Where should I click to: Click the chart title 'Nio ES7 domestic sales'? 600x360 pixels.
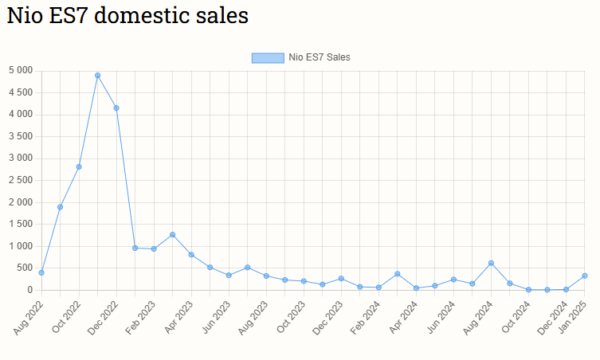(127, 17)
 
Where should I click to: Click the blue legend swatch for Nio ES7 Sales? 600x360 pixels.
(267, 57)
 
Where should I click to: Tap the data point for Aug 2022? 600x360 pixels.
(41, 272)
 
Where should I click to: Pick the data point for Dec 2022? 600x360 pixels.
(116, 108)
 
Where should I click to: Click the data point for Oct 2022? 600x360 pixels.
(79, 166)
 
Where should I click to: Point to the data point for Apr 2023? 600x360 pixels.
(191, 255)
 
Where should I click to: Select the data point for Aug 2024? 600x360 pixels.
(491, 263)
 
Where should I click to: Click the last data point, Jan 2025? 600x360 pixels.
(585, 276)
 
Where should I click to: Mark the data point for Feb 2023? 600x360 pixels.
(154, 248)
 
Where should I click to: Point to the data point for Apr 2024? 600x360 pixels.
(416, 288)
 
